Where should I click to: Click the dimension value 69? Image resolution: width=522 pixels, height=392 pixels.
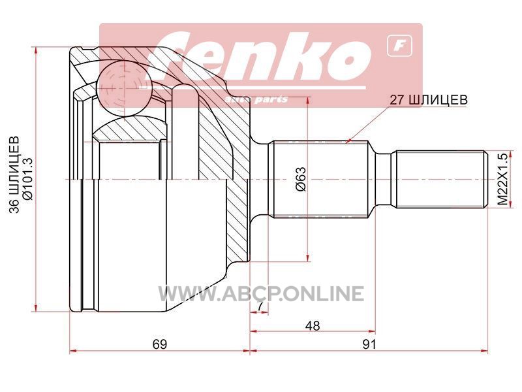[x=159, y=344]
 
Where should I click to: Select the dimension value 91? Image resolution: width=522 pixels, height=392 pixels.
[x=369, y=344]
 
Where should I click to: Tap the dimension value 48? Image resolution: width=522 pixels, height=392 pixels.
[x=313, y=325]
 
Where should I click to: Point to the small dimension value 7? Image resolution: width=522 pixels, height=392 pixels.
[x=260, y=306]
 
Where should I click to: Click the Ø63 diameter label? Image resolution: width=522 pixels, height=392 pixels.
[x=301, y=179]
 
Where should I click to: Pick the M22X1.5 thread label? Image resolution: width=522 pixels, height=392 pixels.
[x=502, y=179]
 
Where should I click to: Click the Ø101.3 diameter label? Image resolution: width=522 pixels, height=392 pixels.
[x=27, y=179]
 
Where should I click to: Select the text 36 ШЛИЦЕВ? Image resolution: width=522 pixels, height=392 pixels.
[x=14, y=174]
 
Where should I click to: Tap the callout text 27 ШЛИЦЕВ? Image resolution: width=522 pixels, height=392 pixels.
[x=429, y=99]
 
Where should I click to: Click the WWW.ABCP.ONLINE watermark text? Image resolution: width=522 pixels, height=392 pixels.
[x=260, y=293]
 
